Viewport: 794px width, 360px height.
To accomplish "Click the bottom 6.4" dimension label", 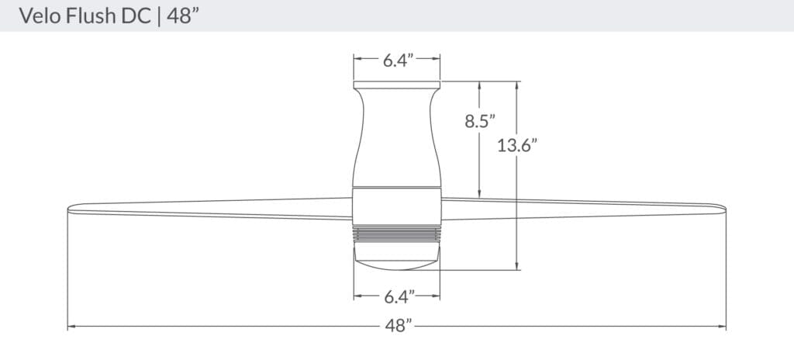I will click(x=397, y=296).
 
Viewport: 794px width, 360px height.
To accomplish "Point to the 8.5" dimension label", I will click(x=480, y=121).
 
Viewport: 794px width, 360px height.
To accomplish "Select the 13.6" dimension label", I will click(x=517, y=145).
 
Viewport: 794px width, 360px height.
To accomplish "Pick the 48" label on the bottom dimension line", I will click(x=397, y=327).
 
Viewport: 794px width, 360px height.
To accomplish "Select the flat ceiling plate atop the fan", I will click(x=397, y=84).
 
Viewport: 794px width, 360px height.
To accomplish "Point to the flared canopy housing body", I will click(x=397, y=136).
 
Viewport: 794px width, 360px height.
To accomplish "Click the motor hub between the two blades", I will click(x=397, y=206).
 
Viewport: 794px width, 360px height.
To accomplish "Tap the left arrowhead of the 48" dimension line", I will click(x=71, y=327).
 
